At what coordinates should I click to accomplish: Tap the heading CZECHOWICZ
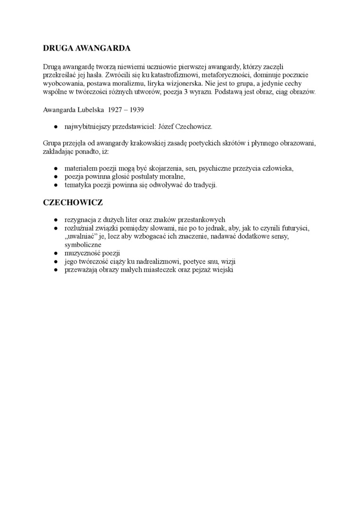[x=73, y=203]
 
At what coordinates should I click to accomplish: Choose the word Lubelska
[x=89, y=109]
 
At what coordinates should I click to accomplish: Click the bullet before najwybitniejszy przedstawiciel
[x=55, y=127]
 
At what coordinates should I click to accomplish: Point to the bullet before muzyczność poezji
[x=55, y=253]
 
